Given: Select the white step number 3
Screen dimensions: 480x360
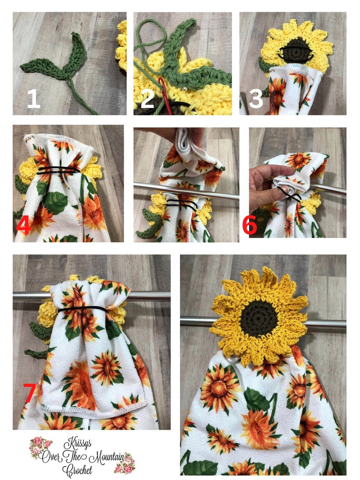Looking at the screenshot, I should [256, 98].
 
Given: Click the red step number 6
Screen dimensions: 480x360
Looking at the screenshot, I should [250, 225].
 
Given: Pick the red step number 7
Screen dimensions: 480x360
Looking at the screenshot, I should [29, 393].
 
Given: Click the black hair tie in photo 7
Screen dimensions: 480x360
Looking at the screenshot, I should [82, 310].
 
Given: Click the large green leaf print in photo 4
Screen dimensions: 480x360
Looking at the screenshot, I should [56, 203].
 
